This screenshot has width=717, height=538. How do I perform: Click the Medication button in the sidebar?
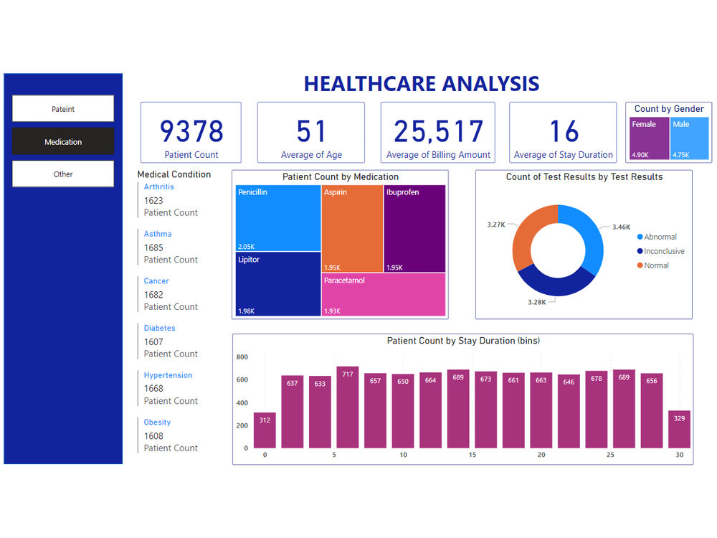tap(63, 141)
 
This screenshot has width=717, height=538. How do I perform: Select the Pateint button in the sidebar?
tap(63, 109)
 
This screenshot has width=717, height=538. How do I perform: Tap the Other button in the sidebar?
tap(63, 174)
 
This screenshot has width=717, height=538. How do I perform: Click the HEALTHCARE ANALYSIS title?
tap(422, 84)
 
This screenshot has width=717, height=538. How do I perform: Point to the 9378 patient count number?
tap(191, 131)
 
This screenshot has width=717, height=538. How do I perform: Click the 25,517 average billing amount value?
tap(438, 131)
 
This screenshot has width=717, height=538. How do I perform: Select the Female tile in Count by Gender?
tap(648, 139)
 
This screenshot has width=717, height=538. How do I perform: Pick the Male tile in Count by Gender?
tap(690, 139)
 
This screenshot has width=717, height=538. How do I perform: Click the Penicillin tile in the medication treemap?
tap(278, 218)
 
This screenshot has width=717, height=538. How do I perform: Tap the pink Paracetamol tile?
tap(384, 295)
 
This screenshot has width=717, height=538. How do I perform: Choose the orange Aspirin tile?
tap(352, 228)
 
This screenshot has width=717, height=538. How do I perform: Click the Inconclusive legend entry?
tap(663, 251)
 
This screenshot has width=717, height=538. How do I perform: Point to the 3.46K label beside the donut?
tap(621, 227)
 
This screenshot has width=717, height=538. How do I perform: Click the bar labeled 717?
tap(348, 407)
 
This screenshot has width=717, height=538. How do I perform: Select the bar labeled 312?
tap(265, 430)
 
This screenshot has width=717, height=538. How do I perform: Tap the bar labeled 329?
tap(680, 430)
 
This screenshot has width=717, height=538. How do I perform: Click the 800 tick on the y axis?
tap(242, 357)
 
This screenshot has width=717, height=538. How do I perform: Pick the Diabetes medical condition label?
tap(159, 328)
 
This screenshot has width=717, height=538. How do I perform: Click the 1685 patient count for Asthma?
tap(153, 247)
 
